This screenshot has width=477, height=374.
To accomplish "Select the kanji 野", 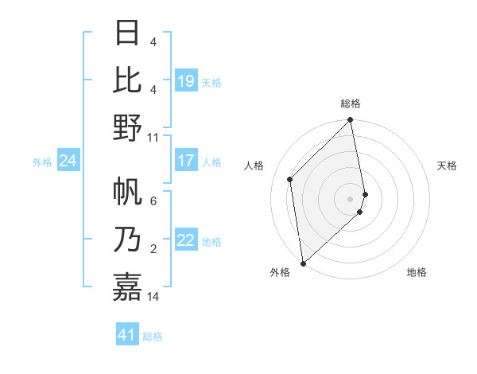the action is click(128, 127).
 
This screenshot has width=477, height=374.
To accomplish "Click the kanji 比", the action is click(128, 80).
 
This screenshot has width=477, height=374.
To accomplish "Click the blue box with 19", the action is click(186, 81).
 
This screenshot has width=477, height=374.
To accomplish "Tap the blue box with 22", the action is click(186, 241).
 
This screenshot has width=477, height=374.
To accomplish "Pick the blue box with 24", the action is click(68, 162).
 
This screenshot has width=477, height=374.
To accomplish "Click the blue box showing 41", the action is click(127, 335).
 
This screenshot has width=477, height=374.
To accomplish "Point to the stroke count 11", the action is click(153, 137).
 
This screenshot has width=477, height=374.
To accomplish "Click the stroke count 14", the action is click(153, 297).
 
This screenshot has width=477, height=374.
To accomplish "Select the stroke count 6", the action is click(153, 201).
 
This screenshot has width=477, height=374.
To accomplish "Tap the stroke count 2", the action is click(153, 250).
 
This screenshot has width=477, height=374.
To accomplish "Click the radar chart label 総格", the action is click(350, 103).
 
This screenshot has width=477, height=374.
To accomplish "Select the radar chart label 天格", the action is click(447, 166).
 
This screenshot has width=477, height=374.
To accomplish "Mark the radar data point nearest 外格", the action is click(303, 263).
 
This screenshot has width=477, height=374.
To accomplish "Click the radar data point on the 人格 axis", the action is click(290, 179).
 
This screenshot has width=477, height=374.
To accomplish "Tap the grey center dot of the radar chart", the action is click(350, 198).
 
